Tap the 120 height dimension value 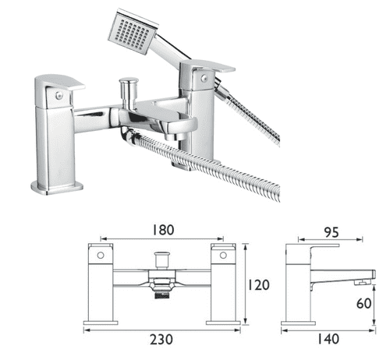[258, 285]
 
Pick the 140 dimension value [328, 340]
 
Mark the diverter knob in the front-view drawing [163, 256]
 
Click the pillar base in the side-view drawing [300, 320]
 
